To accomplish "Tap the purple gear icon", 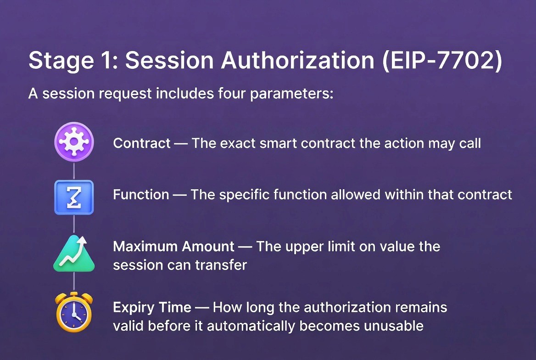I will tap(74, 143).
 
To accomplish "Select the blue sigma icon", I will tap(74, 197).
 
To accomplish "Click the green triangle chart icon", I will tap(74, 253).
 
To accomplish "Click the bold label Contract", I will tap(142, 143).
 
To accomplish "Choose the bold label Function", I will tap(141, 195).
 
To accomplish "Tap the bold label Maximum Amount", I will tap(173, 247).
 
